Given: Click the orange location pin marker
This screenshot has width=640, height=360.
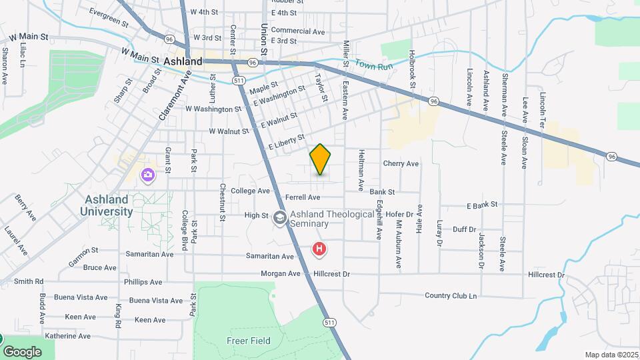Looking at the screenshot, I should point(320,159).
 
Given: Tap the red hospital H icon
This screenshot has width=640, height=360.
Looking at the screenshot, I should point(320,249).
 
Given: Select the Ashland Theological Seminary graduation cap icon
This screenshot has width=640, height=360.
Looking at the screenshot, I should point(280,218).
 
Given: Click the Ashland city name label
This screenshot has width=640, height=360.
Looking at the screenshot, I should point(183,61).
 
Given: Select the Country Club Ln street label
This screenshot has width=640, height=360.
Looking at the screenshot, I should point(451,295).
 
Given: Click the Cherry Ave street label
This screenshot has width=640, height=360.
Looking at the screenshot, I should point(401,163).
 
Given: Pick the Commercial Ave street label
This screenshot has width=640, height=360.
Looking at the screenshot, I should point(298,31).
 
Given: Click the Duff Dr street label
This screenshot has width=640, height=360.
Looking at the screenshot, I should point(464,229).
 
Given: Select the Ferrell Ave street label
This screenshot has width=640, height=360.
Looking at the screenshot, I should point(303,197).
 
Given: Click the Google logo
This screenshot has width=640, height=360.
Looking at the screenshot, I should point(22,351).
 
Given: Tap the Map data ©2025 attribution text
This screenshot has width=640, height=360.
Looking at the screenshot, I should point(611,355).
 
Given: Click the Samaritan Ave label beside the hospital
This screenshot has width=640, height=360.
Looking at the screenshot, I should point(270,256).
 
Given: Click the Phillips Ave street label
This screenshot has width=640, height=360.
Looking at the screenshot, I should point(143,282).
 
